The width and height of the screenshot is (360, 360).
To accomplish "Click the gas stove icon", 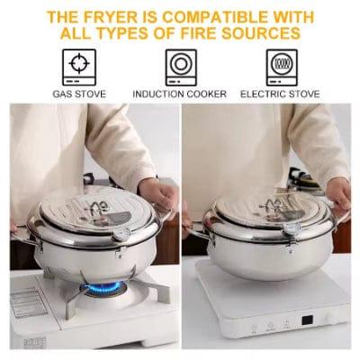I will (80, 67).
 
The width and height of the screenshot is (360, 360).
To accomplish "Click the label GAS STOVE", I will (80, 94).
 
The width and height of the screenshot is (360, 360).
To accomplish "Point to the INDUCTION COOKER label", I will (181, 94).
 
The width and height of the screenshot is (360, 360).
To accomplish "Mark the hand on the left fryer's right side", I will (160, 193).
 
